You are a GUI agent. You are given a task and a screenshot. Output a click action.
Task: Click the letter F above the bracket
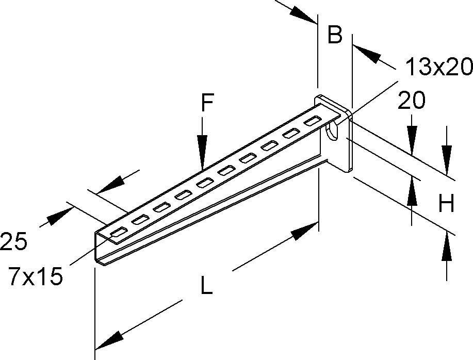click(207, 104)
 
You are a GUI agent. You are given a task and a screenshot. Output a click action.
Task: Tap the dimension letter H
click(446, 205)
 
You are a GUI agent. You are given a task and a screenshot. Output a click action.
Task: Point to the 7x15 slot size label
click(35, 277)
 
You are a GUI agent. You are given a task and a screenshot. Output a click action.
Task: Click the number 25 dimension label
click(13, 241)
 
